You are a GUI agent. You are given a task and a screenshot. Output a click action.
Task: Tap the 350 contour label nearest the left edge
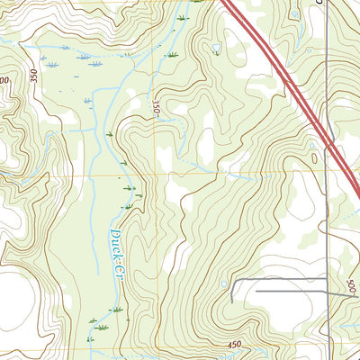34,76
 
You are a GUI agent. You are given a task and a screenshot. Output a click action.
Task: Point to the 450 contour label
235,344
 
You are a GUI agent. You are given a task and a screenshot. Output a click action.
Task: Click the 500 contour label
351,288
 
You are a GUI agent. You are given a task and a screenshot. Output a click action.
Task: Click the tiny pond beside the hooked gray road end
224,284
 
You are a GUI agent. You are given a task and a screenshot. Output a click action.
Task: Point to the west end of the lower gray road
256,292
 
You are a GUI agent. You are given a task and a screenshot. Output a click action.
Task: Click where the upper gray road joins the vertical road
326,281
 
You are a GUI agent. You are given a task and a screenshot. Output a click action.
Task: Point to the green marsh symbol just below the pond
216,54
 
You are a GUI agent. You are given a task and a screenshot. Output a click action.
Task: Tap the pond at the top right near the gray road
295,14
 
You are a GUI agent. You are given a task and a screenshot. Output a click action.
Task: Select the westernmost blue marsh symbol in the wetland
43,65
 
